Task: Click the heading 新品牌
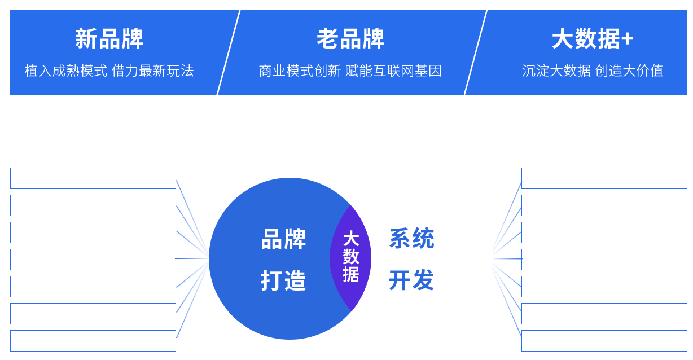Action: click(x=109, y=39)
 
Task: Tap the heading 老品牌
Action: click(x=350, y=39)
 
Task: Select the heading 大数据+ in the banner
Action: click(x=593, y=39)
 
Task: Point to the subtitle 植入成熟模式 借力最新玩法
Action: click(x=109, y=71)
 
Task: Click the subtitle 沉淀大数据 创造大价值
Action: click(x=593, y=71)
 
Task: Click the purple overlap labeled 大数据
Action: click(x=350, y=257)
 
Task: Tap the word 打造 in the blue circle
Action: click(x=283, y=280)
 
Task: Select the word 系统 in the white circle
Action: click(x=411, y=239)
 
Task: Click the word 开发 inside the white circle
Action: click(x=411, y=280)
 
